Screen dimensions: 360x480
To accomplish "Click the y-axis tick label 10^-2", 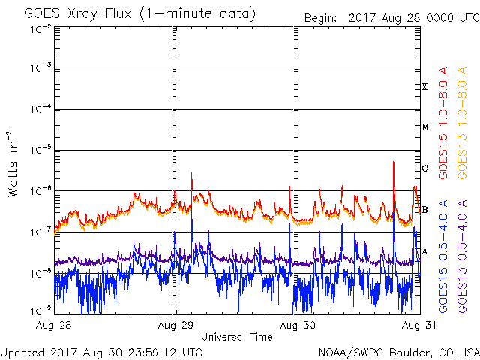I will click(42, 28).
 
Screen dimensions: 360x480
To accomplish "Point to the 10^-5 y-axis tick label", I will click(42, 150).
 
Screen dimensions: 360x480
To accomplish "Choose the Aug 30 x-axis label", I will click(292, 325).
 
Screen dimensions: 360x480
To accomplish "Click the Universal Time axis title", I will click(237, 337).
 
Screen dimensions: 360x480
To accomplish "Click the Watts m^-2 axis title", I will click(14, 163).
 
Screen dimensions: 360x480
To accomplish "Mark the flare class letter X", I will click(425, 87).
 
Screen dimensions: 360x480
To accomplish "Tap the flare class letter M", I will click(425, 127).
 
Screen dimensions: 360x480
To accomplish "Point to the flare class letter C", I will click(425, 168).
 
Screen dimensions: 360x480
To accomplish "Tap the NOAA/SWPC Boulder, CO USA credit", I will click(398, 352).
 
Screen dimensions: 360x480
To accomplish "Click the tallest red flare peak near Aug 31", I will click(393, 163).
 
